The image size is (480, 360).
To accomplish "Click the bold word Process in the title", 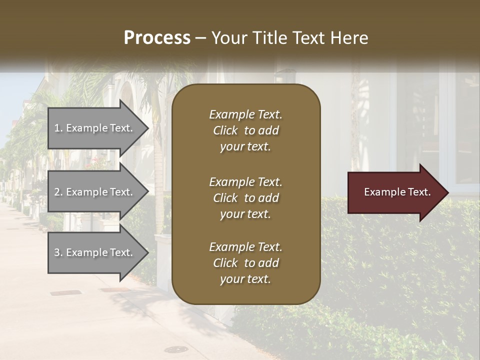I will pyautogui.click(x=157, y=38).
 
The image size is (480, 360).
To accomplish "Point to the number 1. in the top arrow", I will pyautogui.click(x=58, y=128).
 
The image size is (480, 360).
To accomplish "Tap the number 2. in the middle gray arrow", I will pyautogui.click(x=58, y=192).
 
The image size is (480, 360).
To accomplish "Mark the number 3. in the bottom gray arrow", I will pyautogui.click(x=58, y=252).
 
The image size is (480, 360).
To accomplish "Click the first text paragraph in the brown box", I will pyautogui.click(x=245, y=130).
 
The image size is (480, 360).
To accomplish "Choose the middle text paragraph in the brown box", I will pyautogui.click(x=245, y=198).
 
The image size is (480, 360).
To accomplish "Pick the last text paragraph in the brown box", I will pyautogui.click(x=245, y=263).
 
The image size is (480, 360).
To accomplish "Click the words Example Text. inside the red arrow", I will pyautogui.click(x=397, y=192).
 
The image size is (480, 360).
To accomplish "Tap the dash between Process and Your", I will pyautogui.click(x=201, y=38).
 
